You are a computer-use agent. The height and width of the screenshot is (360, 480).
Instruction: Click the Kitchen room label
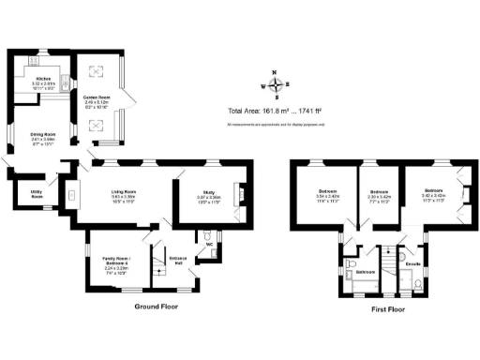[x=43, y=79]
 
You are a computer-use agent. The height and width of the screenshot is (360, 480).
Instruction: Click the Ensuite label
[x=412, y=263]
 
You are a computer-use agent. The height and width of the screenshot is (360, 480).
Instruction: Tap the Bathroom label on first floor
[x=366, y=272]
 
